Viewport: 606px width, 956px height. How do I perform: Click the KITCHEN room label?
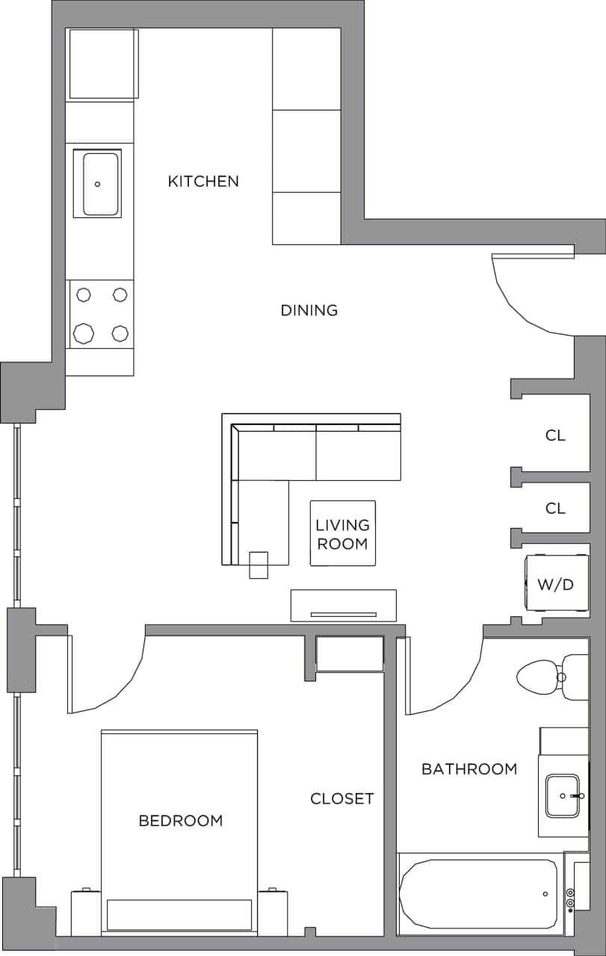203,181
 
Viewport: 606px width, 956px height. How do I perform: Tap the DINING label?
309,310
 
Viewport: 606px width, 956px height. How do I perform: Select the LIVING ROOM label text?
342,535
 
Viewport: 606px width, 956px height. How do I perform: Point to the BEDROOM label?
181,821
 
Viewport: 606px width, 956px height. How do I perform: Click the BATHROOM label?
469,769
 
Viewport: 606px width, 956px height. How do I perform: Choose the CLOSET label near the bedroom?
341,798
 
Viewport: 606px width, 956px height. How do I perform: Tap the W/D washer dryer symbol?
556,584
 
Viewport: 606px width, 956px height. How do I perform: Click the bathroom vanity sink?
563,796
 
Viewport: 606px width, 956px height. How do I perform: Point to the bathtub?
479,893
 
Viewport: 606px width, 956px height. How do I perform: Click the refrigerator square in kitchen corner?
103,63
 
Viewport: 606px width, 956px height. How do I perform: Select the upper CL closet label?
555,435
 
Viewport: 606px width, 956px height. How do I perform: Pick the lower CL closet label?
555,509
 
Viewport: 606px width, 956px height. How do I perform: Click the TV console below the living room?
343,605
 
